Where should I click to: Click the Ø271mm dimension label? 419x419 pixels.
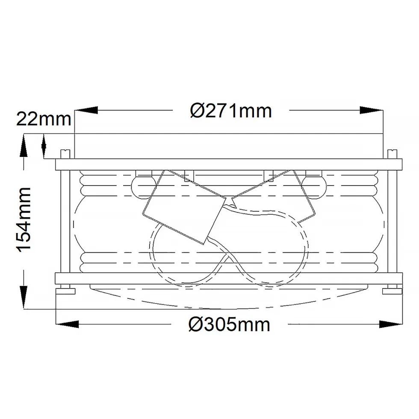[x=231, y=111]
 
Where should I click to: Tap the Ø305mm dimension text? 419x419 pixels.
[x=229, y=325]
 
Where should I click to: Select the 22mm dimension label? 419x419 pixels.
[x=44, y=119]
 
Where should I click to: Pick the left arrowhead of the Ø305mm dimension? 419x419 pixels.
[x=67, y=324]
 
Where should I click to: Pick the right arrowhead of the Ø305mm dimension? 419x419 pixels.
[x=391, y=324]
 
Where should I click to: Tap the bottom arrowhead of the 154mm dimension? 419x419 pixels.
[x=24, y=298]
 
